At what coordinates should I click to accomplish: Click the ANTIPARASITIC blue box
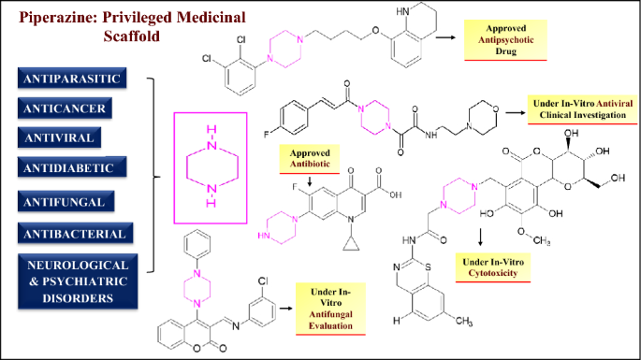tap(72, 78)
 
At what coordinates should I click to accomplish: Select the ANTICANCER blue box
tap(65, 108)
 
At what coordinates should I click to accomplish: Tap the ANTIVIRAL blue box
tap(59, 137)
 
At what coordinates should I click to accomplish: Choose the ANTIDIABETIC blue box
tap(72, 167)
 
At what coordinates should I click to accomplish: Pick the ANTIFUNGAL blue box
tap(66, 201)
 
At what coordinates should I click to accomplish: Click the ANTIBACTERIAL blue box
tap(75, 234)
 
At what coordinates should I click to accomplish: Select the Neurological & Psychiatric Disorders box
tap(78, 281)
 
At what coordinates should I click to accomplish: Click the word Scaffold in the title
tap(132, 36)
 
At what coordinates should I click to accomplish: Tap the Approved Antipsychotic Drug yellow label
tap(505, 40)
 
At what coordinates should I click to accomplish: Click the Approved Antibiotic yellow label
tap(310, 159)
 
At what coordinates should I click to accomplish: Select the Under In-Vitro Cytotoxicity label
tap(493, 267)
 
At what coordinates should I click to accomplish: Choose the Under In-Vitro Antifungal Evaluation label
tap(330, 309)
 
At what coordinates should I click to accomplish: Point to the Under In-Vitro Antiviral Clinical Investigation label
tap(583, 109)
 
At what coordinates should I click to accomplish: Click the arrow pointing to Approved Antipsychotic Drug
tap(445, 37)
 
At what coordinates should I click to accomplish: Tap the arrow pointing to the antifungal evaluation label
tap(285, 309)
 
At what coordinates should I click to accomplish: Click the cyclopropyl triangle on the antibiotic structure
tap(351, 244)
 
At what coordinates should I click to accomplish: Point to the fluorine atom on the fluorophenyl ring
tap(267, 134)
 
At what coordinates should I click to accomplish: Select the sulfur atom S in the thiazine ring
tap(428, 267)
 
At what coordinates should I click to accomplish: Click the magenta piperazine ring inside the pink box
tap(187, 167)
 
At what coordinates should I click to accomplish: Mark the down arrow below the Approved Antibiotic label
tap(310, 181)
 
